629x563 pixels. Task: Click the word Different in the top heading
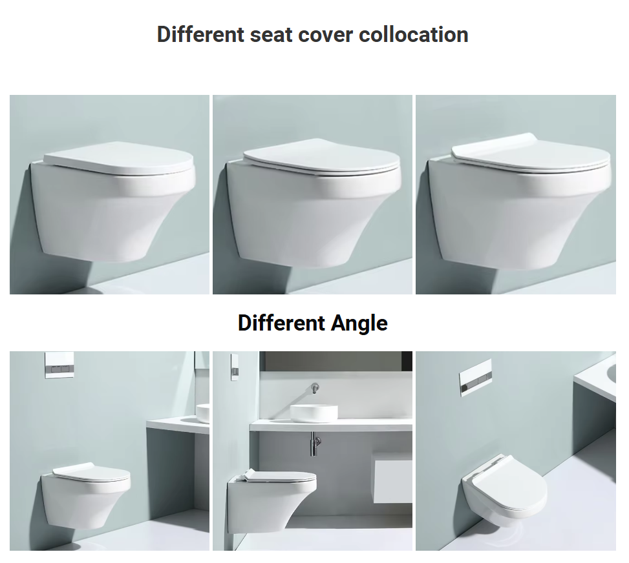[x=200, y=34]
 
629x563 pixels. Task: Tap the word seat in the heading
[x=271, y=35]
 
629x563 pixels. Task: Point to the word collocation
[x=414, y=34]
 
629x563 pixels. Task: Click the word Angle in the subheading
[x=359, y=323]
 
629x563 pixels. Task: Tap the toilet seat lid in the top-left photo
[x=118, y=159]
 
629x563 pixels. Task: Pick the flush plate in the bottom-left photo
[x=59, y=365]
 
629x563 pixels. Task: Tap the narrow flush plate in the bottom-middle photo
[x=235, y=367]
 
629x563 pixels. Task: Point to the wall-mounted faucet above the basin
[x=314, y=389]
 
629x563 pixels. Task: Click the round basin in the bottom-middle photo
[x=314, y=414]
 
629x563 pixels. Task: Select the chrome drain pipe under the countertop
[x=315, y=443]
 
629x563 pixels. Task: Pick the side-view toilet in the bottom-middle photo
[x=272, y=500]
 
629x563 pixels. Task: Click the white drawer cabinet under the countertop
[x=393, y=476]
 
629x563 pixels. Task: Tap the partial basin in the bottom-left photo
[x=202, y=414]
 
